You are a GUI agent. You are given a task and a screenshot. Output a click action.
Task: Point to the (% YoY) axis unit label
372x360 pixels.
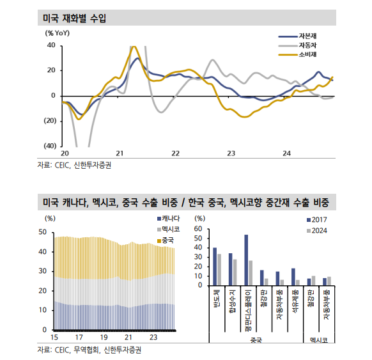point(58,33)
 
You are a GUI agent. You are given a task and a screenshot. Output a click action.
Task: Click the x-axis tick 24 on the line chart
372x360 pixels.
point(287,153)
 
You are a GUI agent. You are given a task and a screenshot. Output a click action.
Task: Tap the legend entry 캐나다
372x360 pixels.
point(171,220)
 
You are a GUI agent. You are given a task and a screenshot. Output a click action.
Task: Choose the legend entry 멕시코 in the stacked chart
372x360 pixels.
point(171,230)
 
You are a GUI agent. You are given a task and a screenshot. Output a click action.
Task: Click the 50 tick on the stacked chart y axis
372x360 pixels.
point(42,233)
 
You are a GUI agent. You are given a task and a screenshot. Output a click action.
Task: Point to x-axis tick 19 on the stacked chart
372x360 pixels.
point(104,337)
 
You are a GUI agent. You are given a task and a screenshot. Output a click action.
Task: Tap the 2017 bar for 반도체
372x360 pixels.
point(215,266)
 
